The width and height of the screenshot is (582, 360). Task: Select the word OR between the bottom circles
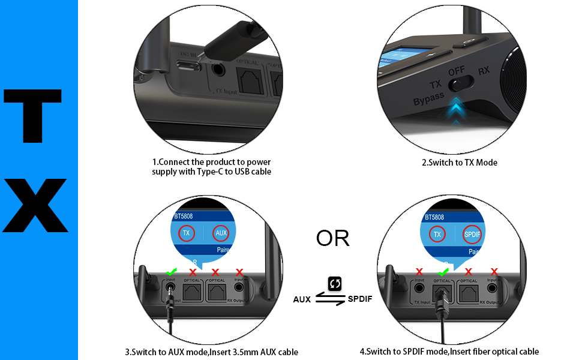click(332, 238)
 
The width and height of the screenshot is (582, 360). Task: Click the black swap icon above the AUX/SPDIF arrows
click(335, 283)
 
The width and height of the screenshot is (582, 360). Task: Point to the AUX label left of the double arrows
click(302, 299)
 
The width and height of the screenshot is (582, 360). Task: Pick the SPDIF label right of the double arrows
click(360, 299)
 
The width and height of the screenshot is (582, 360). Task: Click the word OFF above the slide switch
click(457, 71)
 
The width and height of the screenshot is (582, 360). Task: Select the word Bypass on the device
click(428, 99)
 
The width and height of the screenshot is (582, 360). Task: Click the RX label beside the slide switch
click(484, 71)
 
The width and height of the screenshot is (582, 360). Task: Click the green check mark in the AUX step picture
click(171, 272)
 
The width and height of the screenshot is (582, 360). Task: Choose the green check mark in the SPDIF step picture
click(443, 272)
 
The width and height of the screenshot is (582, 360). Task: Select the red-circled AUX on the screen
click(221, 233)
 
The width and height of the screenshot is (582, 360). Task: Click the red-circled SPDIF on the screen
click(473, 233)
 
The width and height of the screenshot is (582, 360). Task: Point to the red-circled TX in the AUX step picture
click(186, 233)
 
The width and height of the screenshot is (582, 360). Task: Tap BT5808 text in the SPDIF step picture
click(434, 217)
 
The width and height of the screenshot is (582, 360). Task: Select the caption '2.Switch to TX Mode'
click(460, 163)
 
